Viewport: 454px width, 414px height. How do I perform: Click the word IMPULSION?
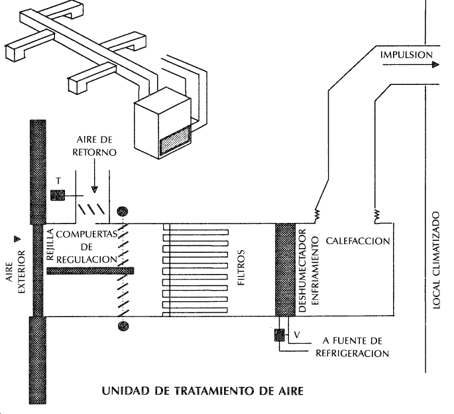[x=406, y=54]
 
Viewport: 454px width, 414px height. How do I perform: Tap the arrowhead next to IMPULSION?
[x=435, y=65]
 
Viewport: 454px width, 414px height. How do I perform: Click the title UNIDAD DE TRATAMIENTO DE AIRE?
[x=202, y=390]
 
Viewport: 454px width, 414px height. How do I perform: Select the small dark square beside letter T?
[x=56, y=195]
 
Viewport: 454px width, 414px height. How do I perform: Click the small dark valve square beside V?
[x=279, y=336]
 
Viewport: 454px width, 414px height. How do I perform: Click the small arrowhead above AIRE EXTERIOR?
[x=19, y=238]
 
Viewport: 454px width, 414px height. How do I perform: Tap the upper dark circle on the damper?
[x=122, y=213]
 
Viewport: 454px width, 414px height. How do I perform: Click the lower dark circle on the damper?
[x=122, y=326]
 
